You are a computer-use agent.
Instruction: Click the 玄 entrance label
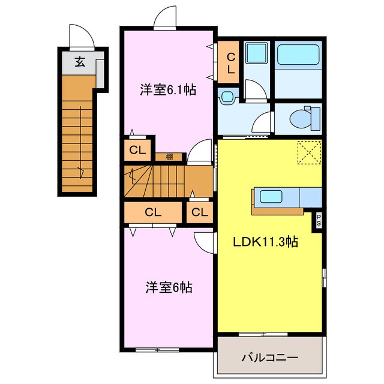coord(79,61)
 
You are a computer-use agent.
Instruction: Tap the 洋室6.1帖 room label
coord(169,91)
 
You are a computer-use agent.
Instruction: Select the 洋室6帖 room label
coord(169,287)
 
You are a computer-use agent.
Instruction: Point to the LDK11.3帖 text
coord(266,242)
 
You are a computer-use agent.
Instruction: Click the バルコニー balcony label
coord(270,358)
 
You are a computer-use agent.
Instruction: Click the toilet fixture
coord(304,119)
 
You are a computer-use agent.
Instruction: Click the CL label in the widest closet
coord(153,212)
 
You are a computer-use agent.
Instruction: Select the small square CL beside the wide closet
coord(200,212)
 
